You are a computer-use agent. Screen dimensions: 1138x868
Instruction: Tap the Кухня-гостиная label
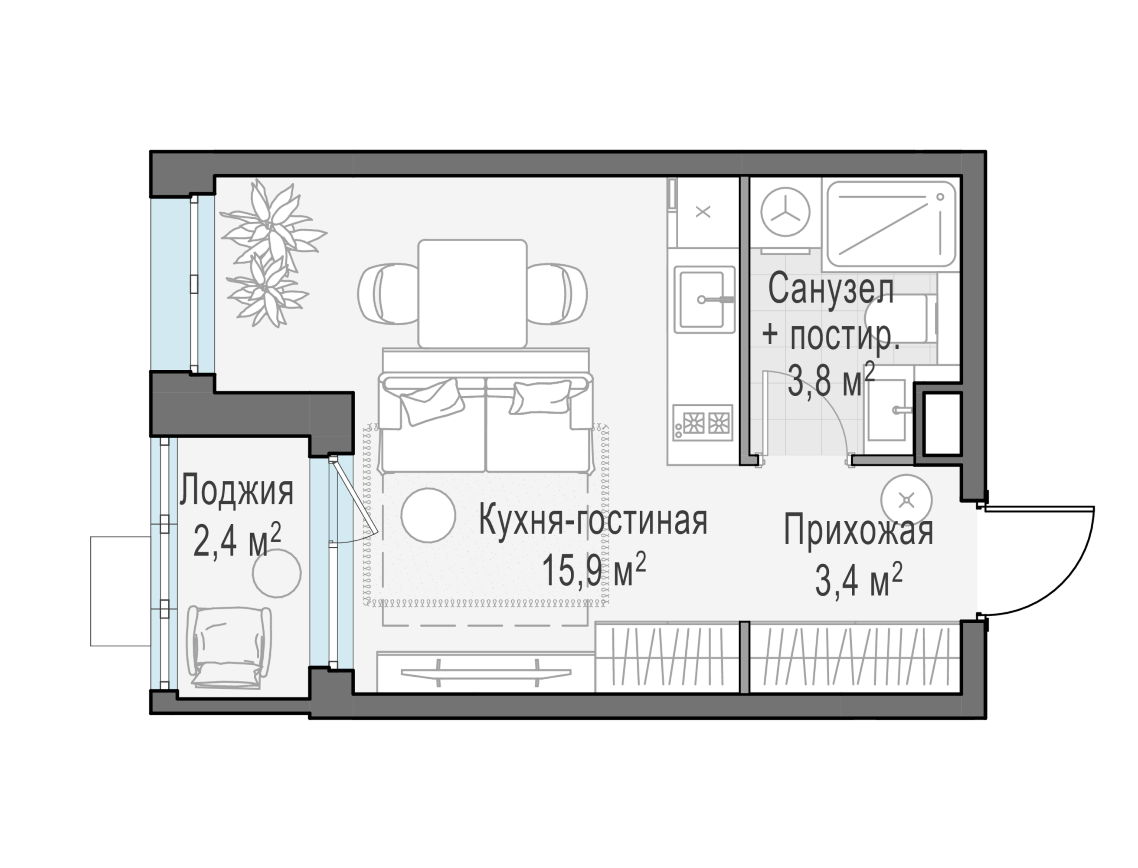(593, 521)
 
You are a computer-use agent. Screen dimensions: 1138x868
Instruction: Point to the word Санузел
(831, 290)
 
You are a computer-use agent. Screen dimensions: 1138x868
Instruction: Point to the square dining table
(472, 293)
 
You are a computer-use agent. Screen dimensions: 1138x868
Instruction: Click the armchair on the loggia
(228, 646)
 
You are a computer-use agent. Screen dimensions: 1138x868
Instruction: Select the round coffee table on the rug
(428, 515)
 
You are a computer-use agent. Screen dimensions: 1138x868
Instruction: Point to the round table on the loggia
(277, 573)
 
